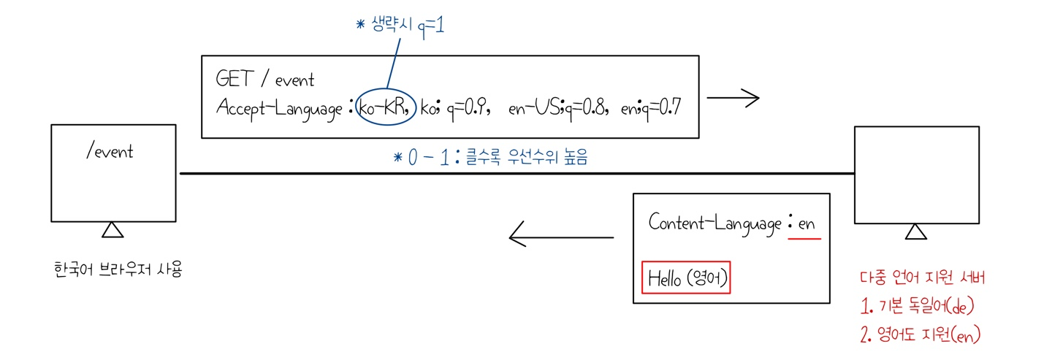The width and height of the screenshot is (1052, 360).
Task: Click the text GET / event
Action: point(265,80)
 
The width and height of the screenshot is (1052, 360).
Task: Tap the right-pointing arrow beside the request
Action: point(733,99)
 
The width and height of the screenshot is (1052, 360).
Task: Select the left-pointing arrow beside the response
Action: point(560,235)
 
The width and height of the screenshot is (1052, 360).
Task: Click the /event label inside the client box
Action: point(110,153)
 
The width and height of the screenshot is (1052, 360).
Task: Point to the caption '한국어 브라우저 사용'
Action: point(118,269)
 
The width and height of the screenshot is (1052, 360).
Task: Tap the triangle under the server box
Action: point(915,232)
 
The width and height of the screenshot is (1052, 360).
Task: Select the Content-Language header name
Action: point(715,223)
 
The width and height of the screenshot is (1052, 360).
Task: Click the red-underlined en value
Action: point(806,224)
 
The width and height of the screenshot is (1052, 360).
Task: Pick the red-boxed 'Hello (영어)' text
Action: point(686,279)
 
